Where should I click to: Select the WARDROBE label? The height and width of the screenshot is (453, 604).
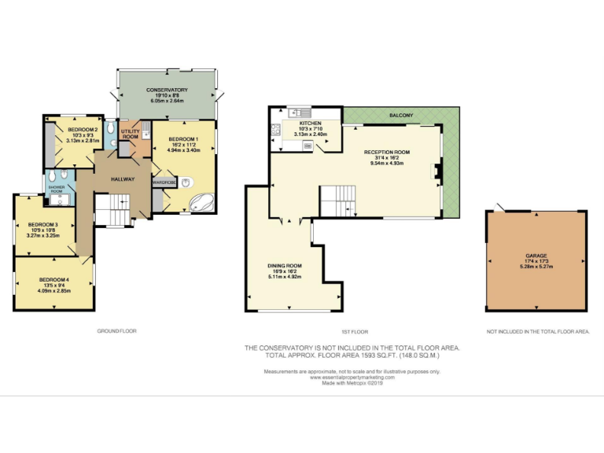click(164, 182)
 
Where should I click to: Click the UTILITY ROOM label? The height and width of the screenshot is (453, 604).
click(130, 134)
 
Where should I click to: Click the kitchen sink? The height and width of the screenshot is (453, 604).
click(299, 112)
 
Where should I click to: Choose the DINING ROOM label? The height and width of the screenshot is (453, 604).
click(285, 266)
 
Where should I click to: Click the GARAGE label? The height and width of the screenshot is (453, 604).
click(536, 256)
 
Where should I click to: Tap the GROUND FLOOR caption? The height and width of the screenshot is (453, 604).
click(116, 331)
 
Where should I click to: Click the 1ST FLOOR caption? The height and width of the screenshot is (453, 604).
click(355, 332)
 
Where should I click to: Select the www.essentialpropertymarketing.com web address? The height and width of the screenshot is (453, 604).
click(352, 377)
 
